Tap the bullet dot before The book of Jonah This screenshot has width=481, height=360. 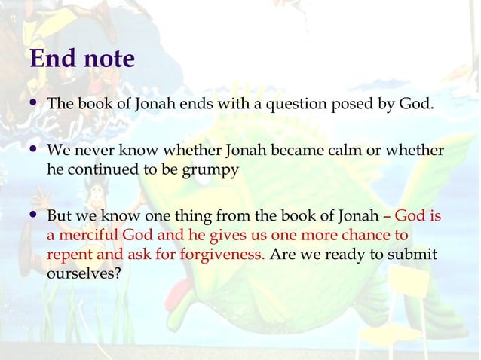point(34,102)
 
